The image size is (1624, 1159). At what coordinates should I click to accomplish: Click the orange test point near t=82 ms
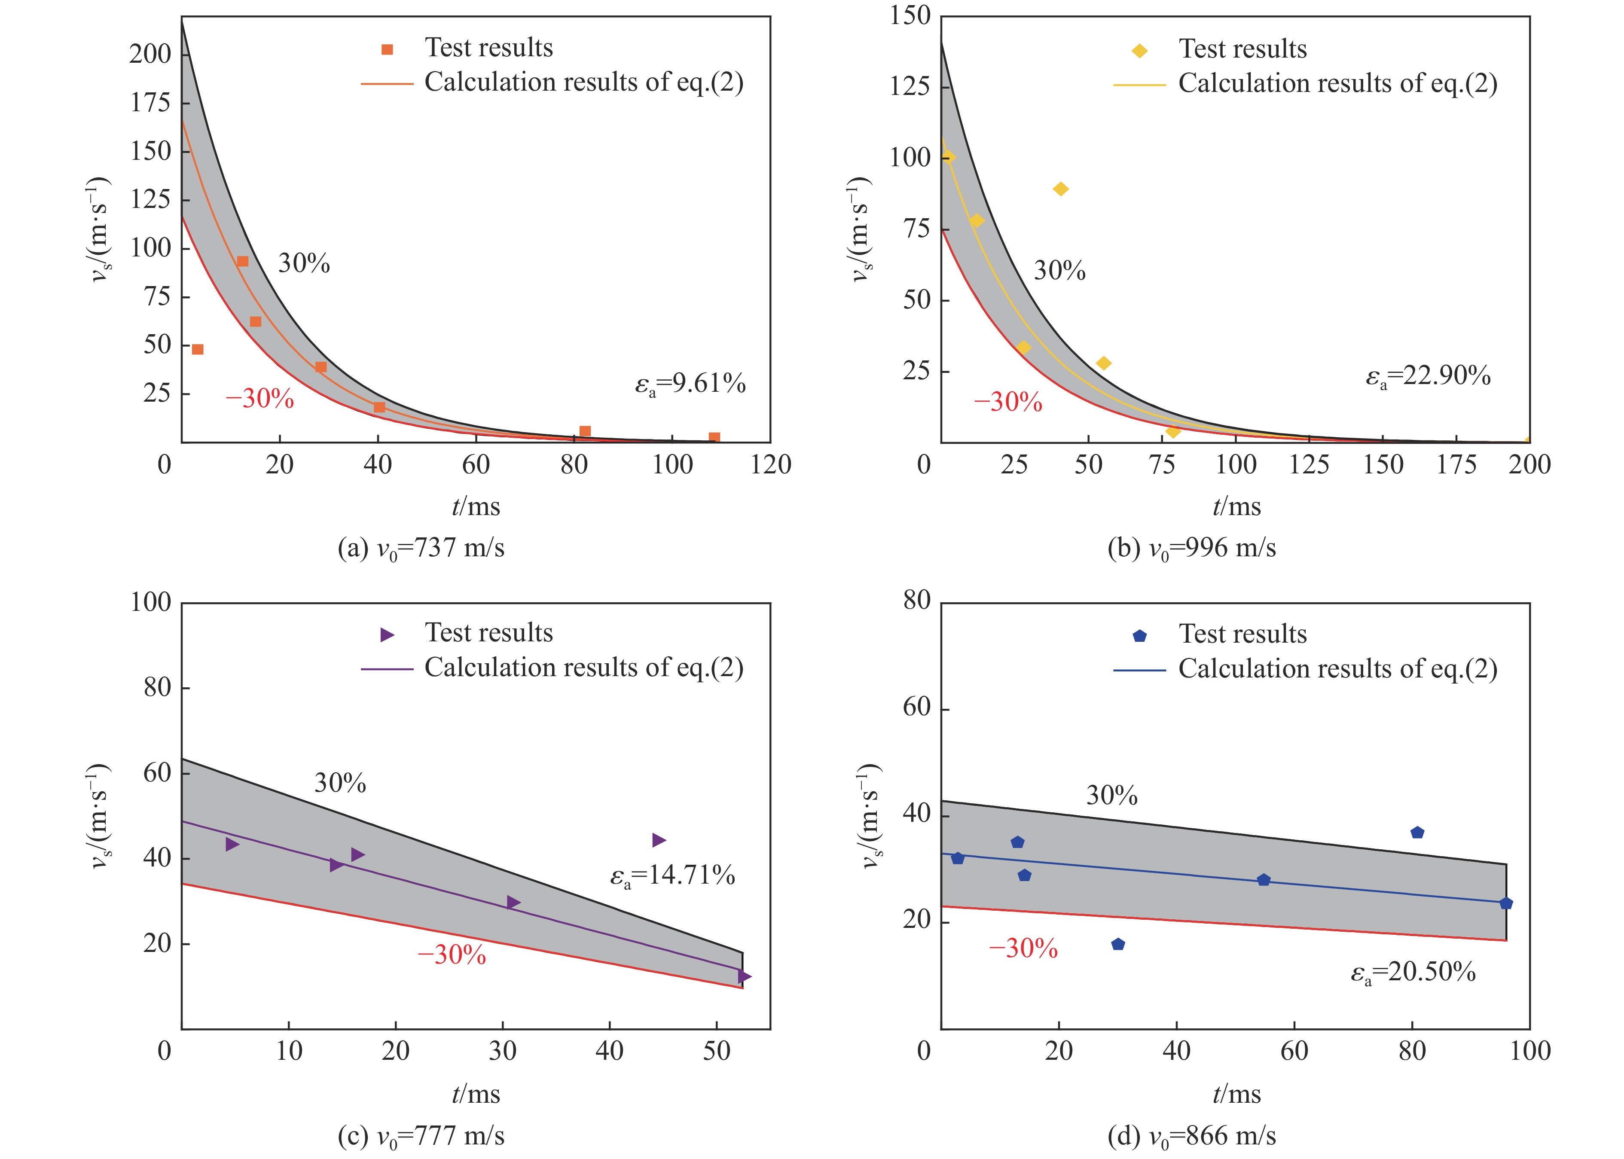585,431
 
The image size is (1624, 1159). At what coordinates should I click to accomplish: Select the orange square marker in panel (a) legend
387,49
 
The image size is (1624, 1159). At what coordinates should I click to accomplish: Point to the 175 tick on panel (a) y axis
151,103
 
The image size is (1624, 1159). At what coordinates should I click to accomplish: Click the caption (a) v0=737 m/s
421,548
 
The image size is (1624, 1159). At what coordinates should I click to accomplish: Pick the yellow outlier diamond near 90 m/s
1061,189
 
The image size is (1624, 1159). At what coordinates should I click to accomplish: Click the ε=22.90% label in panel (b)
1428,376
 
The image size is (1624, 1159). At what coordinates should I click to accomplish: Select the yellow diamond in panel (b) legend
1140,51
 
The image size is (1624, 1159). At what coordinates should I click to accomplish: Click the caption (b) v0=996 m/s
1191,548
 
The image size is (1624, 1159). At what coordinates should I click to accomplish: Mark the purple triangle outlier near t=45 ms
659,840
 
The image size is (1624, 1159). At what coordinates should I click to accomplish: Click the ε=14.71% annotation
672,875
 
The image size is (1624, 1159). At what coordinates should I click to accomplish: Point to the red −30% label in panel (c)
452,955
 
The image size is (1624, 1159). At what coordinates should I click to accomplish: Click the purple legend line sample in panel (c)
387,669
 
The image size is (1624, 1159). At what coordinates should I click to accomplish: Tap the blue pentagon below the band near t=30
1118,944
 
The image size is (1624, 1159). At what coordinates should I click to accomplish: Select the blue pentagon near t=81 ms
1417,832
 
